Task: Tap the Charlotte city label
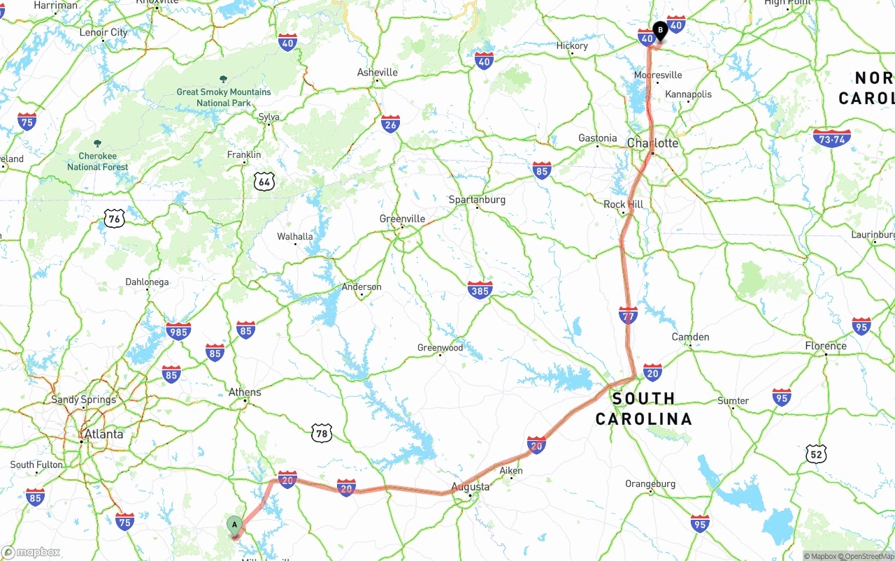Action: [652, 143]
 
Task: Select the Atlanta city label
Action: [103, 435]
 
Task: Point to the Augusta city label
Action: [470, 486]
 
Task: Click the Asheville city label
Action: [377, 73]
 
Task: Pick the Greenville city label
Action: [402, 219]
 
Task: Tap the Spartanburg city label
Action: [477, 200]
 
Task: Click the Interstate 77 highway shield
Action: [628, 315]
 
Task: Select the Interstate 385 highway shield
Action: [480, 289]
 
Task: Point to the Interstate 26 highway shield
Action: [391, 124]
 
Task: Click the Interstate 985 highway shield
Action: [178, 331]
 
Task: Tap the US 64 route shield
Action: [264, 182]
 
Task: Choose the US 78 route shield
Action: [321, 433]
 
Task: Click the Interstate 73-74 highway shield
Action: [832, 138]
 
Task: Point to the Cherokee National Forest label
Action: [97, 161]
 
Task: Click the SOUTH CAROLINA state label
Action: [643, 409]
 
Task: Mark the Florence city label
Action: [825, 346]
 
